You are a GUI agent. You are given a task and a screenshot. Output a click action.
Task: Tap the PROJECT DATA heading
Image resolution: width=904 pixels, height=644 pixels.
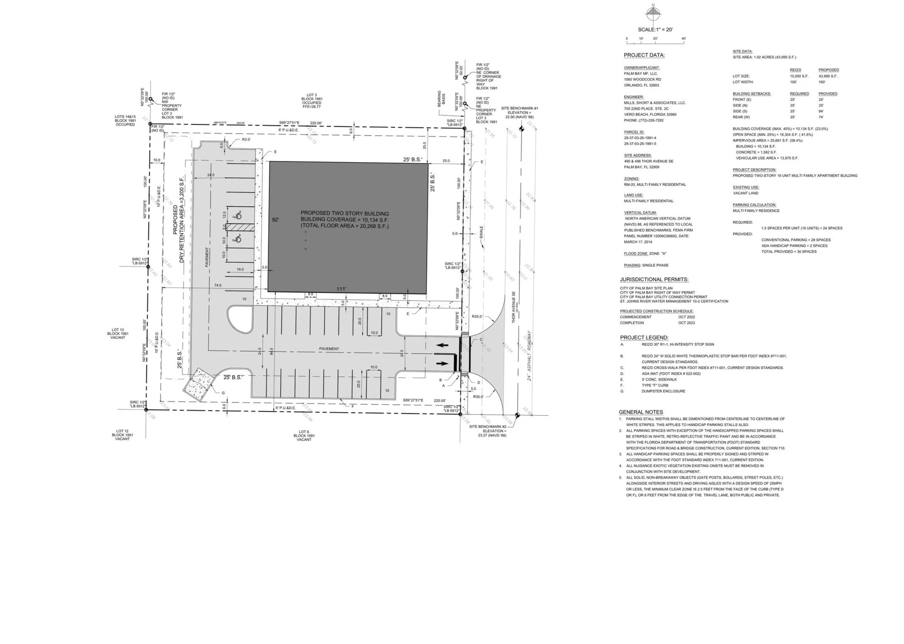(x=644, y=55)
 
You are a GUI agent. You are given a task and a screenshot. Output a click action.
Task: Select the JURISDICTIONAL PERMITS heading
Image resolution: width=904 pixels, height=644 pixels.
(x=654, y=280)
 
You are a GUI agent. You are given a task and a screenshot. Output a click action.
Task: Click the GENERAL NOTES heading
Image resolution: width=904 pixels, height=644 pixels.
(x=641, y=412)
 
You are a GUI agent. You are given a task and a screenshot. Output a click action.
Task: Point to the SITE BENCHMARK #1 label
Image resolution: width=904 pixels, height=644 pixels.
(x=519, y=108)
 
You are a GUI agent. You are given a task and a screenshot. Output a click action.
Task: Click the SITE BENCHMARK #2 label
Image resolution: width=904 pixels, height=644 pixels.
(x=488, y=427)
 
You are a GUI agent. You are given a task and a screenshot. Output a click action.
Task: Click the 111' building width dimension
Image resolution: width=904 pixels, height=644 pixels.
(x=341, y=289)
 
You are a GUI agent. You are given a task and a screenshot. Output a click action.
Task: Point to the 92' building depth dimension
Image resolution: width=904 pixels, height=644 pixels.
(x=275, y=220)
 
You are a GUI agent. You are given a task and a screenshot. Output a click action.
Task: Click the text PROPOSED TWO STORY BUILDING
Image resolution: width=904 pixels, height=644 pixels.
(x=344, y=213)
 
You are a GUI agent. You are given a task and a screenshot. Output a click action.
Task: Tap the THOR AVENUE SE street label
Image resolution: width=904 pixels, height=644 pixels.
(x=514, y=307)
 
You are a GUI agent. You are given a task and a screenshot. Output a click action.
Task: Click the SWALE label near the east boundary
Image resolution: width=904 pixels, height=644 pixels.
(x=481, y=232)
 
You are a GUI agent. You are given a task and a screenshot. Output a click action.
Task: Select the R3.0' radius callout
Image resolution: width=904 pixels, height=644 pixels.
(x=246, y=140)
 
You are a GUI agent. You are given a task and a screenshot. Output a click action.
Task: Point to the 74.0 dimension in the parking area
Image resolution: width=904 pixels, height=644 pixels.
(x=218, y=285)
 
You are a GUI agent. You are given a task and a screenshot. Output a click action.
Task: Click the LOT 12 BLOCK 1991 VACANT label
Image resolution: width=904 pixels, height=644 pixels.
(x=122, y=435)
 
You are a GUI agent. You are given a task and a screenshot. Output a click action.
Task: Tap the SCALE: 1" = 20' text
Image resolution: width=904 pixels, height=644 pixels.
(x=655, y=30)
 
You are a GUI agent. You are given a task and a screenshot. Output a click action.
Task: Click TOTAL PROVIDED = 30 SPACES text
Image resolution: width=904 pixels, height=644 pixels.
(x=789, y=252)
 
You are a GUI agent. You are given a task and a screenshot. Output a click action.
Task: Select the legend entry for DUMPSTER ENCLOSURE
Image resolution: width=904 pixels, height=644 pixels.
(x=663, y=391)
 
